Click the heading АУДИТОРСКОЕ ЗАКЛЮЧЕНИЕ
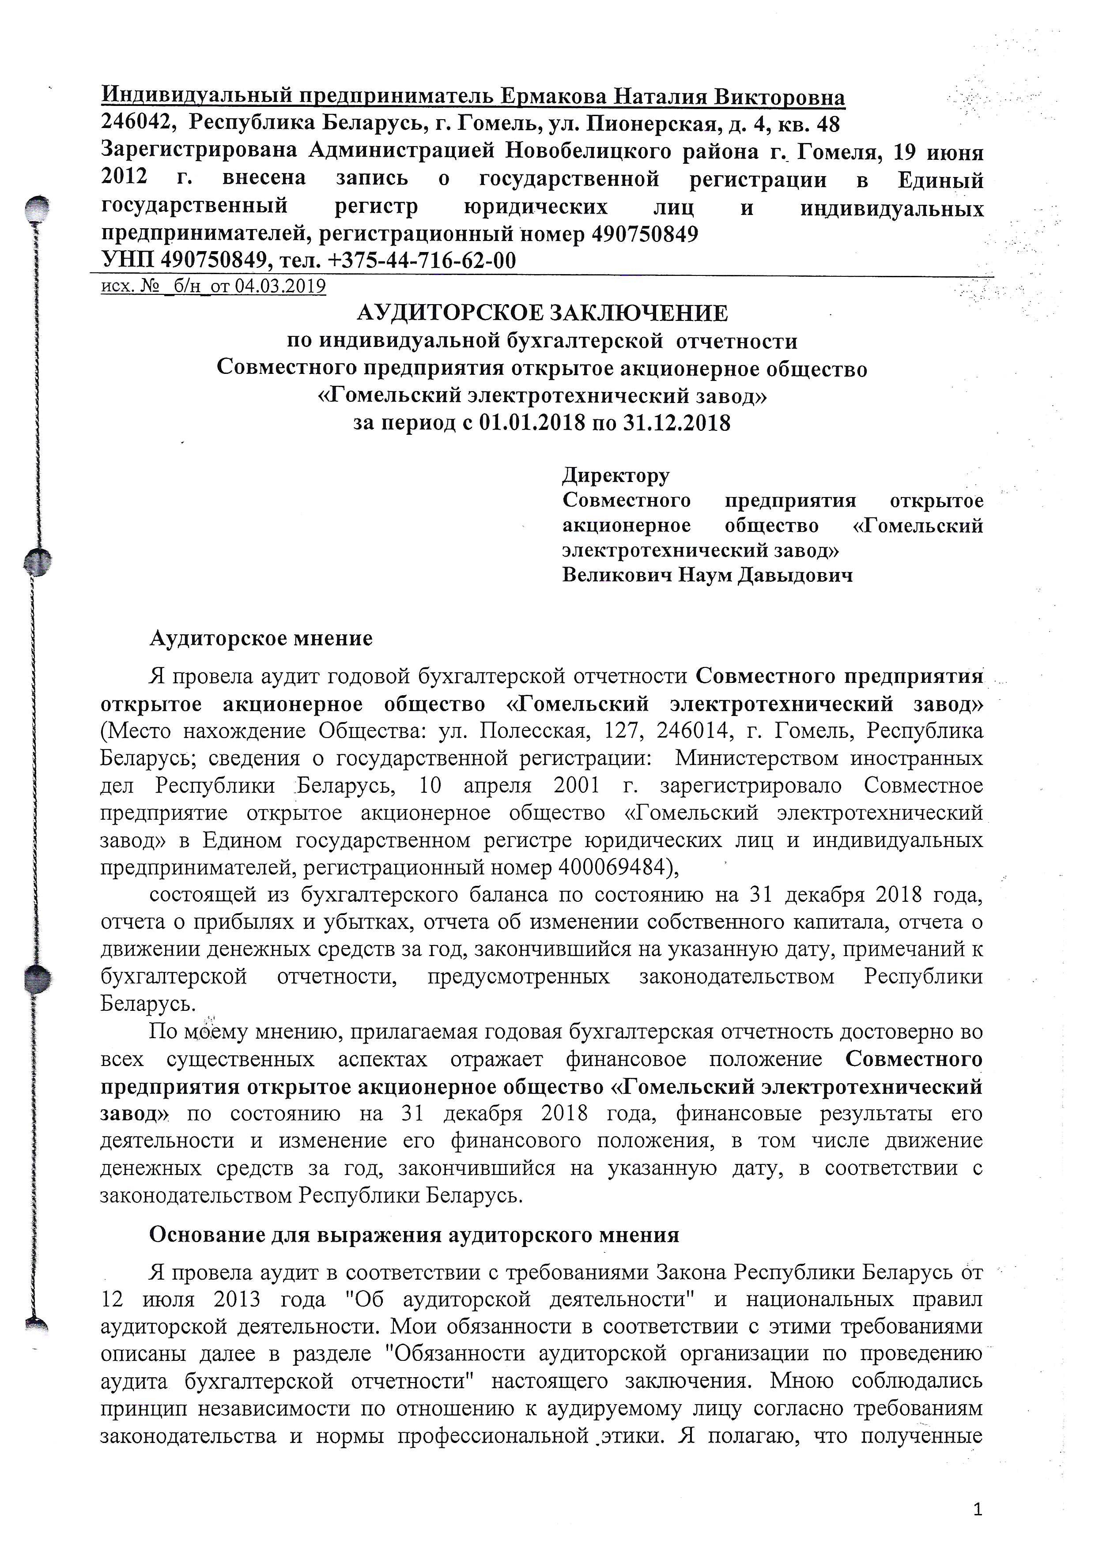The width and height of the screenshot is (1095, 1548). pyautogui.click(x=542, y=313)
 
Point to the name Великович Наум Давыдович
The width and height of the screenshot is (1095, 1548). pyautogui.click(x=707, y=575)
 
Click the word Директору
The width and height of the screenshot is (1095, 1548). pyautogui.click(x=615, y=475)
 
